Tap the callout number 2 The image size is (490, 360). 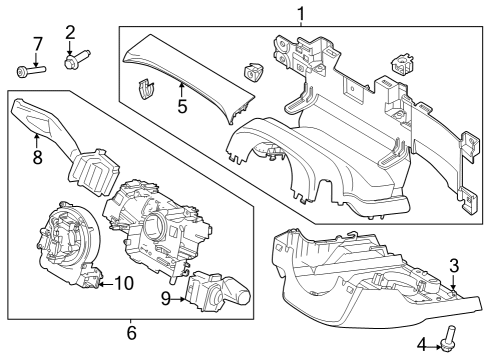coord(70,32)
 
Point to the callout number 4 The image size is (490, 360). coord(422,345)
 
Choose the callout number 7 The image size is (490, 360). coord(37,43)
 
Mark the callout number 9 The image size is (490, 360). coord(165,296)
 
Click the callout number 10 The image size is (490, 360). coord(123,283)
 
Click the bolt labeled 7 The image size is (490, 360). coord(27,70)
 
